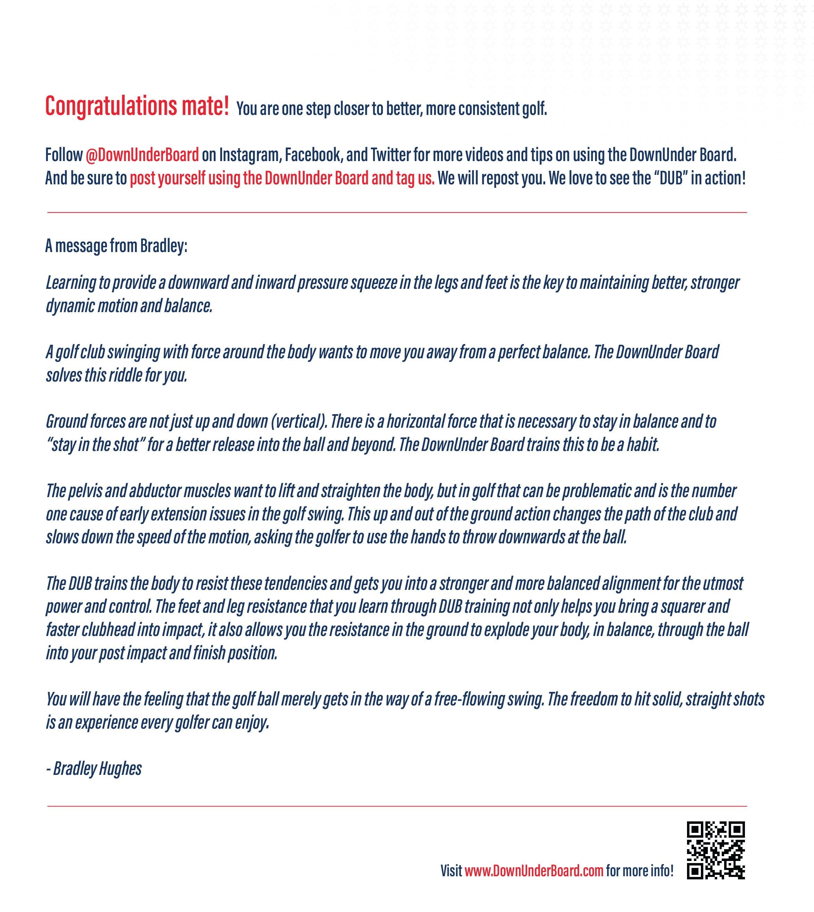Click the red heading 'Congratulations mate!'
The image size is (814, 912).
(x=137, y=107)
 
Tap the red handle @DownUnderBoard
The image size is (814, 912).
(x=142, y=155)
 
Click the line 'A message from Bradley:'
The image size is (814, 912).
(x=116, y=246)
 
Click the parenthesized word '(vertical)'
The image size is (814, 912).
(x=298, y=421)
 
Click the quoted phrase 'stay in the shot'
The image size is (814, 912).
(x=95, y=445)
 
